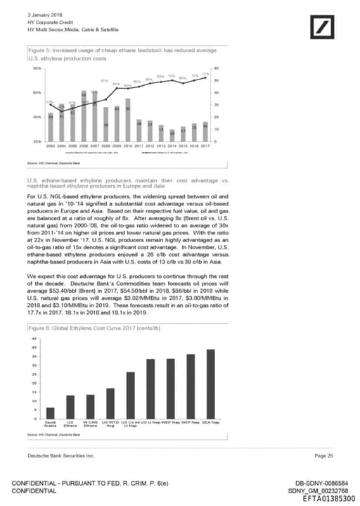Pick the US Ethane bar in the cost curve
(x=70, y=407)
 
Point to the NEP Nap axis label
(x=191, y=422)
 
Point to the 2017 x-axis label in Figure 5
(x=205, y=146)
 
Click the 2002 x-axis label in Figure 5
(x=51, y=146)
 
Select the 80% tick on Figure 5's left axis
(x=37, y=68)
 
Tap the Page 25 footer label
(x=323, y=457)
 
